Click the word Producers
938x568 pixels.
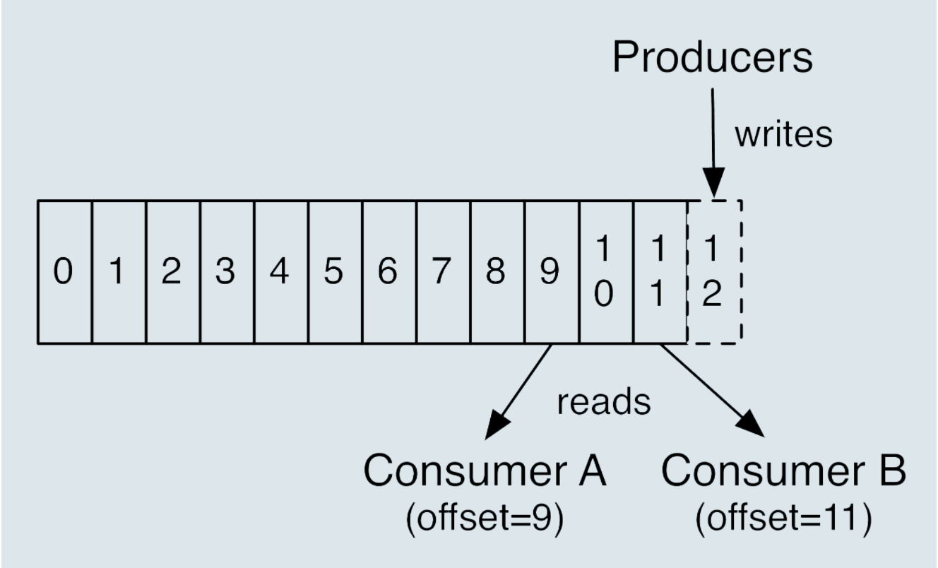712,57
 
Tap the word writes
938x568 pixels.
783,135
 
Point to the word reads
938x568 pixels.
603,402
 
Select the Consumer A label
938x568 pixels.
485,471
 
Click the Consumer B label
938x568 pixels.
783,471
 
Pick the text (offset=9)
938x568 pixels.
485,519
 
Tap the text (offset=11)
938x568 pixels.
783,519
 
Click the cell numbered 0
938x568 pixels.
65,272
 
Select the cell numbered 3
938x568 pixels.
227,272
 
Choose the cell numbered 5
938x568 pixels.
336,272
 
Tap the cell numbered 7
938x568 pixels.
444,272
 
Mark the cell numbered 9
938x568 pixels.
552,272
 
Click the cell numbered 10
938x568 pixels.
606,272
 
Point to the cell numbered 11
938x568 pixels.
660,272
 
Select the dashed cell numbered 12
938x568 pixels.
715,272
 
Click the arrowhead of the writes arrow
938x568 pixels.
713,182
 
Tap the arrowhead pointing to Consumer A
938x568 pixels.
496,425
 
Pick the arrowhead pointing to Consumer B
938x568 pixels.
752,424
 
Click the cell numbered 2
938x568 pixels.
173,272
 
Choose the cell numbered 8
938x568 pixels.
497,272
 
